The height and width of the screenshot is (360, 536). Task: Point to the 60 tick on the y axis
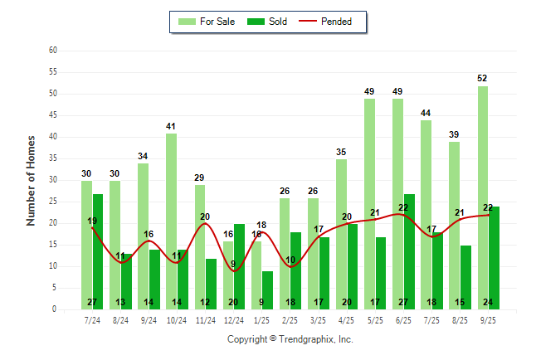pyautogui.click(x=52, y=51)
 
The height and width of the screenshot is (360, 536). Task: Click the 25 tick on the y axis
pyautogui.click(x=52, y=202)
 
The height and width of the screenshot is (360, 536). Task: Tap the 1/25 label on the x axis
pyautogui.click(x=262, y=319)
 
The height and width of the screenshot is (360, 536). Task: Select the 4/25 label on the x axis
pyautogui.click(x=347, y=319)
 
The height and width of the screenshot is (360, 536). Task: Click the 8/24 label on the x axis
pyautogui.click(x=120, y=319)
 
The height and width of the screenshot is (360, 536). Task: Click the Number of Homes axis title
pyautogui.click(x=32, y=180)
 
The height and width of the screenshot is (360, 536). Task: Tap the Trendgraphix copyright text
pyautogui.click(x=290, y=339)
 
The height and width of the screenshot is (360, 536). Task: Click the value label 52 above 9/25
pyautogui.click(x=482, y=78)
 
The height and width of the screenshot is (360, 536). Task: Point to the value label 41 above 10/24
pyautogui.click(x=171, y=126)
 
